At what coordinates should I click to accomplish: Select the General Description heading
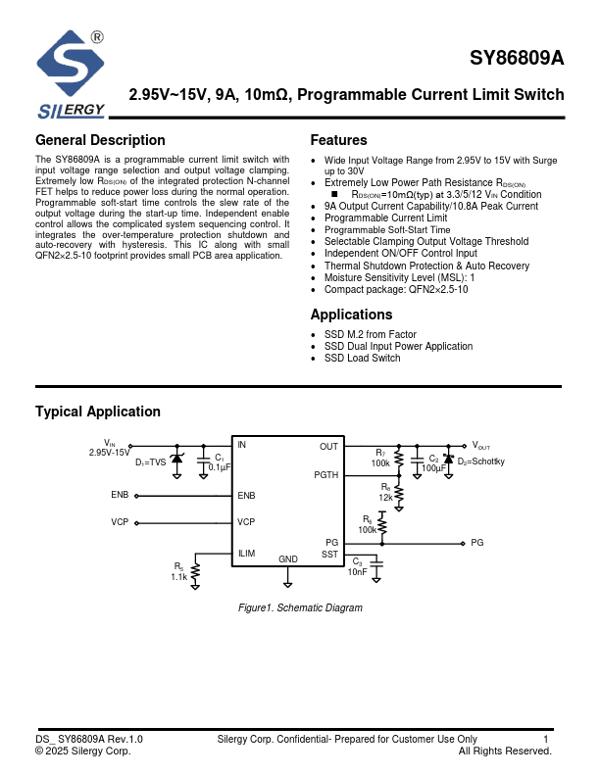(100, 140)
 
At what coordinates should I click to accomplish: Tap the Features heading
(338, 140)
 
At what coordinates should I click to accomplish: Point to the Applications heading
(351, 315)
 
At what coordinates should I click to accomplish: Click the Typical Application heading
(98, 412)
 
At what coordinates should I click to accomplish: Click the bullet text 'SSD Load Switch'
(362, 359)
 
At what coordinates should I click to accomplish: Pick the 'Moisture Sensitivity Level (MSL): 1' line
(399, 277)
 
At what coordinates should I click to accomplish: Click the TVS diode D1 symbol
(177, 459)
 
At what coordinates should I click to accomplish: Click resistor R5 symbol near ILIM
(196, 569)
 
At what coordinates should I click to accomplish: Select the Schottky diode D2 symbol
(448, 459)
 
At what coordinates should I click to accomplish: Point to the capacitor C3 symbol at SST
(382, 563)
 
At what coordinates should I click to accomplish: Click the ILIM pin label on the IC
(246, 554)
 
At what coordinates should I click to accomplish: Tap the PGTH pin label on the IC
(325, 474)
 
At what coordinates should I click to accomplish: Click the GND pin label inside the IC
(287, 559)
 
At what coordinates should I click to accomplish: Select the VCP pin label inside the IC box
(246, 522)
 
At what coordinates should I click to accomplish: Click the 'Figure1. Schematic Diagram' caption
(300, 607)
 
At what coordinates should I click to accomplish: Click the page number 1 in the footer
(546, 739)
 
